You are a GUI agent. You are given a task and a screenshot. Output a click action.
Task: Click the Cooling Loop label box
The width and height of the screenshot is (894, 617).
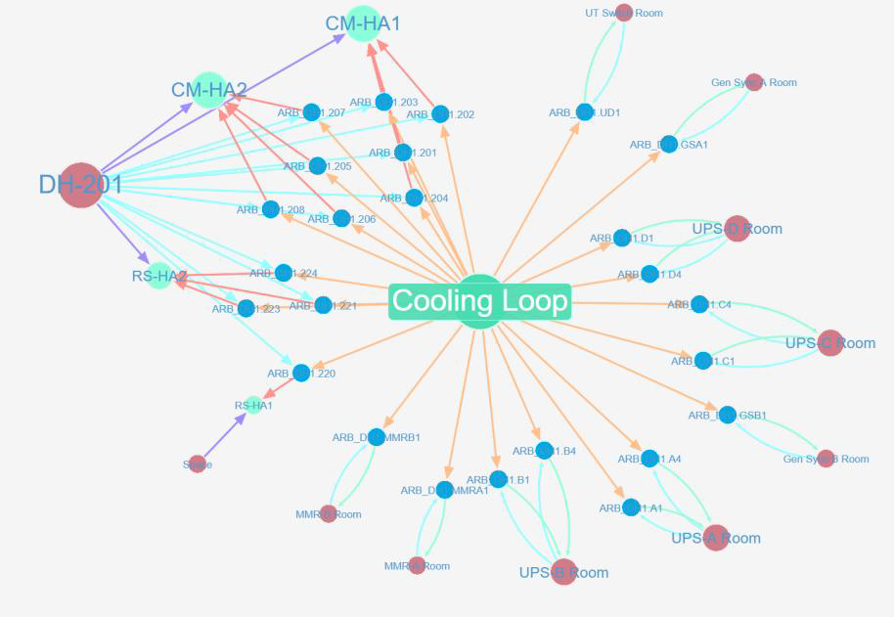479,301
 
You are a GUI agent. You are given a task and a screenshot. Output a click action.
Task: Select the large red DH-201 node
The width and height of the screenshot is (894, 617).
81,185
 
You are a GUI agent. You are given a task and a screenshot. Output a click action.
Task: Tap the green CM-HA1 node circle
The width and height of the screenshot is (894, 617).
363,24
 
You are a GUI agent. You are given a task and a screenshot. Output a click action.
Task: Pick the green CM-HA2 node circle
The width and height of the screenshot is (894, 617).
208,90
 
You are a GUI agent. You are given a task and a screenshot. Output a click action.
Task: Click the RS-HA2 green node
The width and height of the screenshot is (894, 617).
159,276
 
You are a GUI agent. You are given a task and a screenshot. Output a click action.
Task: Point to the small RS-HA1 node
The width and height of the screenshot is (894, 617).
253,405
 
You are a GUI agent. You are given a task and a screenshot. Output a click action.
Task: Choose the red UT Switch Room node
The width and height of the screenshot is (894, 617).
623,14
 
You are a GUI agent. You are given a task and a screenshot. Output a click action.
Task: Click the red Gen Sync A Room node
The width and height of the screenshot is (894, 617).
753,82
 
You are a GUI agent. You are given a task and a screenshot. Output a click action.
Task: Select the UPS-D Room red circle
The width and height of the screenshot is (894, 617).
737,229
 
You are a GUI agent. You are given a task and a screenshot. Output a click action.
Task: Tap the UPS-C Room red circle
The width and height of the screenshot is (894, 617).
830,343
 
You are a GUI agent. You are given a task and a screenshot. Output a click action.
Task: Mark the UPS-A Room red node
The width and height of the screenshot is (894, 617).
716,538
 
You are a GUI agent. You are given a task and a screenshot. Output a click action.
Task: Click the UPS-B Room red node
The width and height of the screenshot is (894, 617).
563,573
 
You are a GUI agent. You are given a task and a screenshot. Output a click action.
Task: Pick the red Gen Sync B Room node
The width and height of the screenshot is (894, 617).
826,459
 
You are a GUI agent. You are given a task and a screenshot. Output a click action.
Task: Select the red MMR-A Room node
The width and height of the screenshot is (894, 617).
417,565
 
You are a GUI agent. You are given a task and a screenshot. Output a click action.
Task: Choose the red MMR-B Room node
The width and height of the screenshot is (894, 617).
329,514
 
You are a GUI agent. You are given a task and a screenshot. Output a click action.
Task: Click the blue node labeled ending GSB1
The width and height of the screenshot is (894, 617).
727,416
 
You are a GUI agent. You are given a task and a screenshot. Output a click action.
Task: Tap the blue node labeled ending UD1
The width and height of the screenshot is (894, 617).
584,112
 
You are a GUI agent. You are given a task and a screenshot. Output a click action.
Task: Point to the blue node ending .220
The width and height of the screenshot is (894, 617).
301,373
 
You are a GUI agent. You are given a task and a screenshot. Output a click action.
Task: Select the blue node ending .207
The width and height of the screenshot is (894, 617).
311,112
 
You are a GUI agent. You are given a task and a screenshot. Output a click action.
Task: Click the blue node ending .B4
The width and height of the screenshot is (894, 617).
548,451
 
